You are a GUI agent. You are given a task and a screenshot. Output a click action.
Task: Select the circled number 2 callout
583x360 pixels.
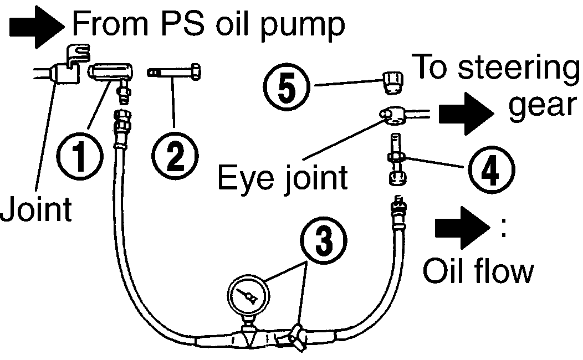pyautogui.click(x=175, y=156)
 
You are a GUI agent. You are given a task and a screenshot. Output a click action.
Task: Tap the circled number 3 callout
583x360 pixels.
pyautogui.click(x=324, y=240)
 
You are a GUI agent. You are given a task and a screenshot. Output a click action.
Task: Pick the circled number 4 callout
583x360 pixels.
pyautogui.click(x=491, y=170)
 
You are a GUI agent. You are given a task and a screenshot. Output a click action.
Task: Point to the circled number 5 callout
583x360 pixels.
pyautogui.click(x=287, y=88)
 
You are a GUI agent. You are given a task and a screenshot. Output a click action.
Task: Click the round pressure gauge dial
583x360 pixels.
pyautogui.click(x=248, y=296)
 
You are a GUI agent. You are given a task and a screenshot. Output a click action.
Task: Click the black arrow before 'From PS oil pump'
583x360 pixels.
pyautogui.click(x=37, y=27)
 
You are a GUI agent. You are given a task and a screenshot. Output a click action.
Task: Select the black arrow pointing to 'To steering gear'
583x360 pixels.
pyautogui.click(x=466, y=114)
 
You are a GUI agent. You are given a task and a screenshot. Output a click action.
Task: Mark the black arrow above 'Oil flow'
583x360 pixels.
pyautogui.click(x=463, y=228)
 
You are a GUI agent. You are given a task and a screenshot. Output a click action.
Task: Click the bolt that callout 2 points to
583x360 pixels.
pyautogui.click(x=174, y=71)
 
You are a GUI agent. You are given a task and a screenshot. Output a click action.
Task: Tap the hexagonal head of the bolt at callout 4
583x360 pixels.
pyautogui.click(x=398, y=178)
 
